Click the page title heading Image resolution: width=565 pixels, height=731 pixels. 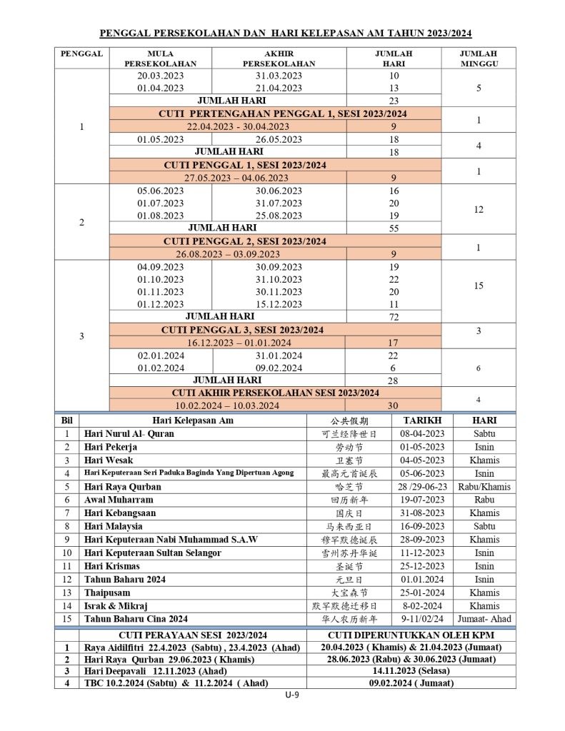(285, 33)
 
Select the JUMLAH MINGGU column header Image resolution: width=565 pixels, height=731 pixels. (479, 58)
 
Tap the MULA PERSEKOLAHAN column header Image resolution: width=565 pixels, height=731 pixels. (160, 58)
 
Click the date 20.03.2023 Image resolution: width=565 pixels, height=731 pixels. (160, 75)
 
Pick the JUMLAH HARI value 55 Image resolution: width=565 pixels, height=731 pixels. (394, 228)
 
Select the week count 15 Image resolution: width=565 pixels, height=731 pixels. (479, 286)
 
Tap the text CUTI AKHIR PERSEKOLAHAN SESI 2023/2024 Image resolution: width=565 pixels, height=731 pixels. (276, 393)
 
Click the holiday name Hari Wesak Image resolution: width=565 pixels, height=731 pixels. (109, 460)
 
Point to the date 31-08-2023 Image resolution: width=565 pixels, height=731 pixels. (422, 513)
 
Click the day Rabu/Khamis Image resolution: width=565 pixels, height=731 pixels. (486, 487)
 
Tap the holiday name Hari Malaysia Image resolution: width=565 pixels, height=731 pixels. (113, 527)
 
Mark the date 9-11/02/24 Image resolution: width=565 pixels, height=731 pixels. (422, 619)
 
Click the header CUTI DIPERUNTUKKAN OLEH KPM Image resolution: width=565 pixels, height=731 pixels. (411, 635)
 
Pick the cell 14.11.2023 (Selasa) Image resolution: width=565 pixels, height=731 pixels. (411, 671)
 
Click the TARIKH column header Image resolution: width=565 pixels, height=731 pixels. (422, 420)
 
